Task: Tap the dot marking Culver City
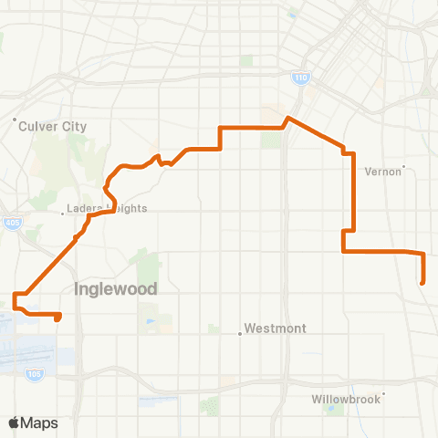[x=16, y=120]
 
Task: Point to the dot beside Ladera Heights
[x=63, y=214]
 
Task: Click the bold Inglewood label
[x=115, y=289]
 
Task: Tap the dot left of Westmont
[x=240, y=333]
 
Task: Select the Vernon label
[x=382, y=171]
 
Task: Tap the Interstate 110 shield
[x=301, y=78]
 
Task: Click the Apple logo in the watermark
[x=15, y=422]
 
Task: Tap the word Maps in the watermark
[x=40, y=423]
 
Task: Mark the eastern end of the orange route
[x=422, y=284]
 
